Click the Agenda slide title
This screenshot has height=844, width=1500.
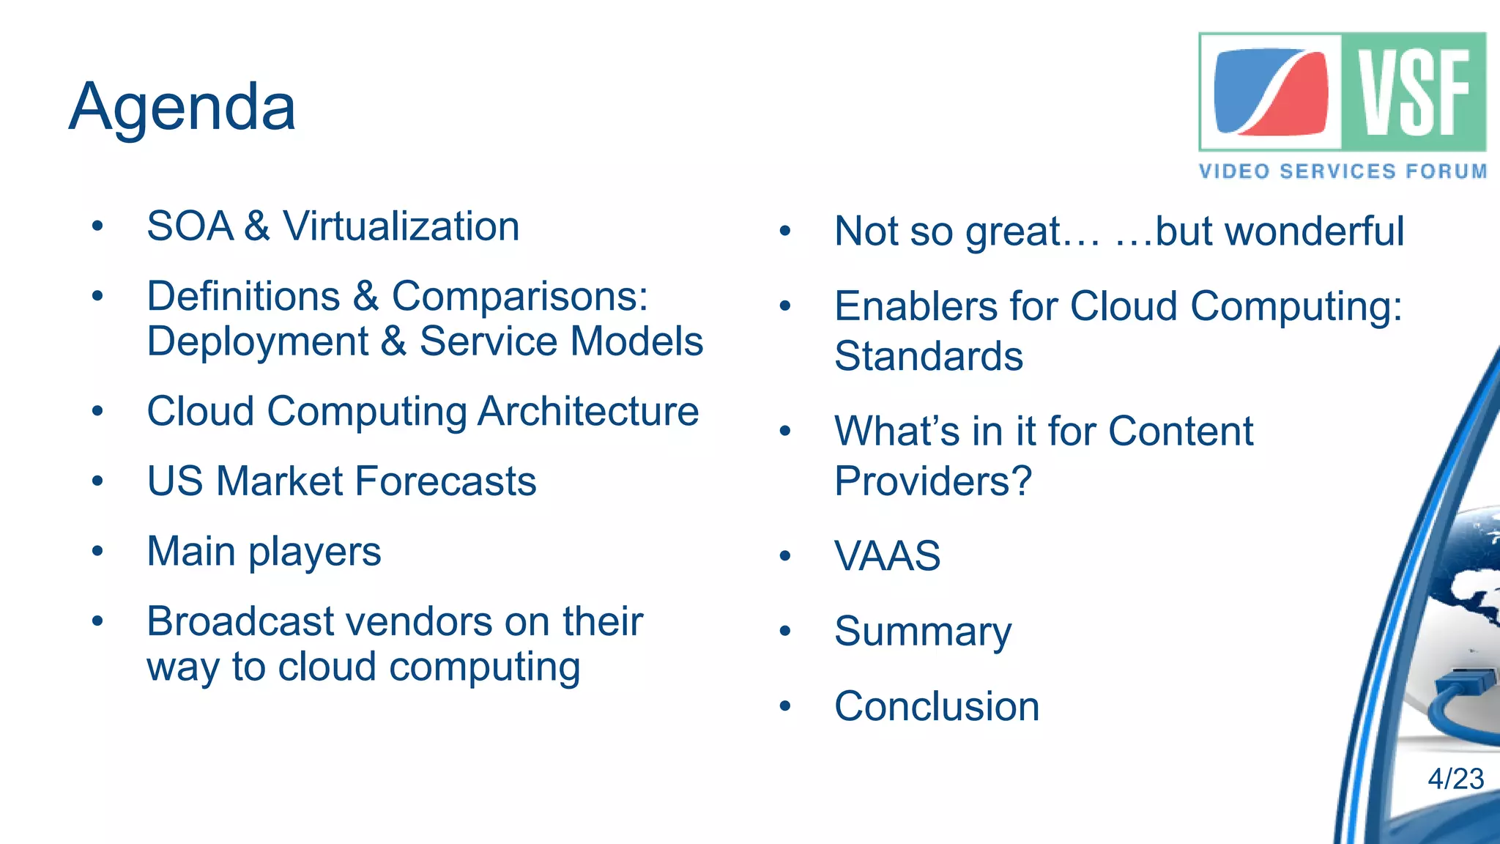point(182,108)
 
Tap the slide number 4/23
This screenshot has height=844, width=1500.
point(1455,778)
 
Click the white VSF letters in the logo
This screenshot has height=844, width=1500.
point(1414,92)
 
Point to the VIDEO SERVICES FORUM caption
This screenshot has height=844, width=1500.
point(1343,171)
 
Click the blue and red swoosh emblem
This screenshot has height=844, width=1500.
point(1271,92)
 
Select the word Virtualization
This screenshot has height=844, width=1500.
point(401,226)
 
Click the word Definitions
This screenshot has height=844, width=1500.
point(243,296)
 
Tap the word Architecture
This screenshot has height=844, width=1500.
point(588,411)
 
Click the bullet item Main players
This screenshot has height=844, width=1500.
point(264,552)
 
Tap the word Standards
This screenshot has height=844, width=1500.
point(928,356)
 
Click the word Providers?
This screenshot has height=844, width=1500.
point(932,481)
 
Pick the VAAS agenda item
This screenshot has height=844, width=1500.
point(887,555)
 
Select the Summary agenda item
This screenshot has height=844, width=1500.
point(923,631)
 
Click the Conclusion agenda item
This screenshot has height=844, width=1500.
point(937,706)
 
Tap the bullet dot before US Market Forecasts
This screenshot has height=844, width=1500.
point(97,481)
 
